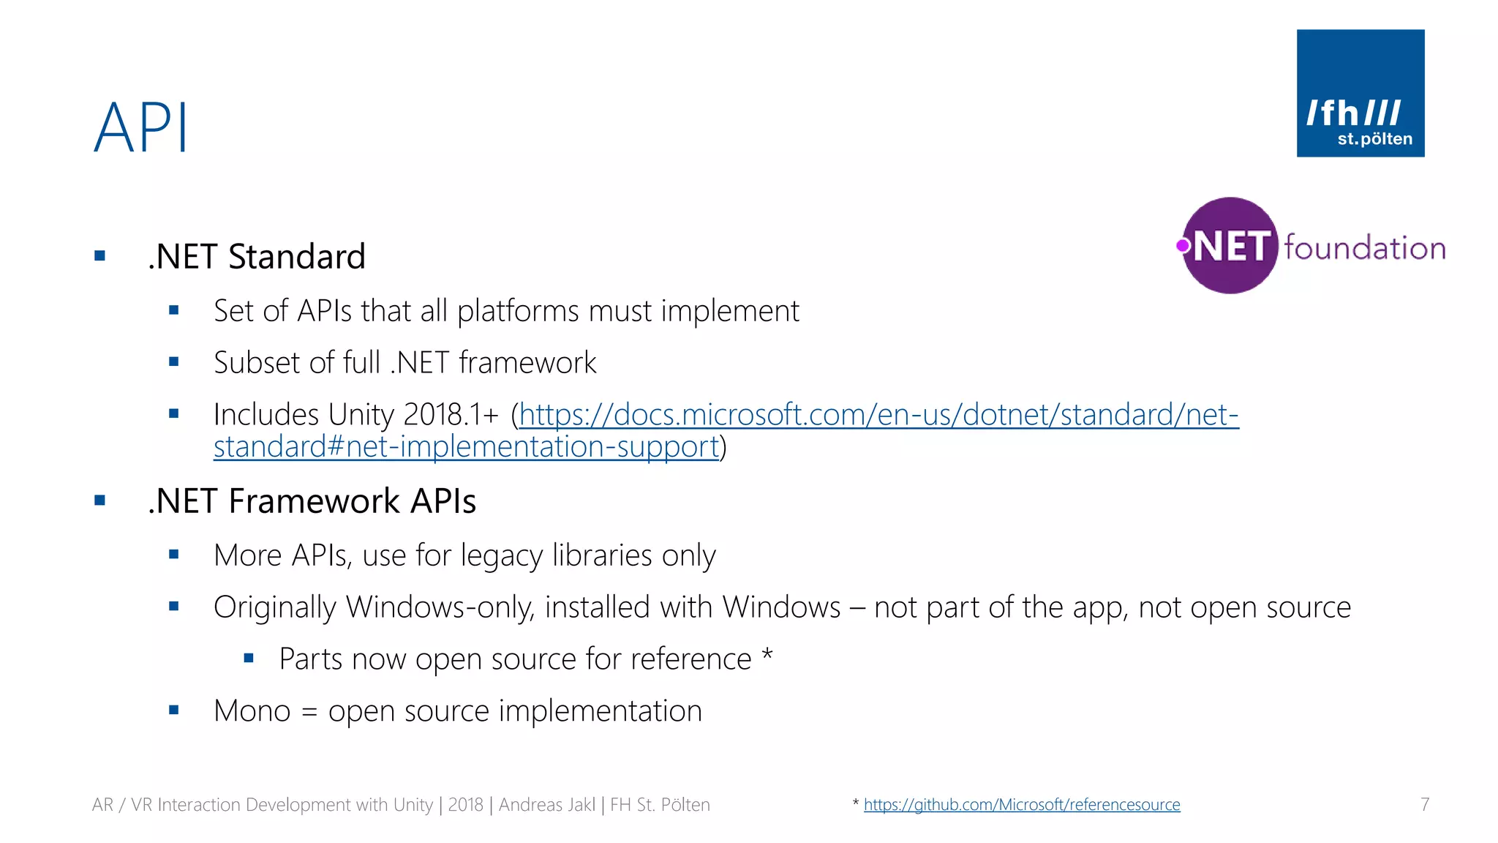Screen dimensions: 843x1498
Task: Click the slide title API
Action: click(x=141, y=128)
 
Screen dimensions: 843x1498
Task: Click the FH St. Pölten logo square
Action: click(x=1360, y=93)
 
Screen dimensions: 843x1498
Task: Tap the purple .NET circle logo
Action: click(x=1230, y=246)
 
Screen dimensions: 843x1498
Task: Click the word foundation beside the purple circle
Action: click(x=1365, y=248)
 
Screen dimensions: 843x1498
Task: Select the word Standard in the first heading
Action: click(x=296, y=257)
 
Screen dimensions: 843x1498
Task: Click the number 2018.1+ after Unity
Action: click(x=451, y=415)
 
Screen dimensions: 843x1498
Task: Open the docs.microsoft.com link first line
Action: click(x=878, y=415)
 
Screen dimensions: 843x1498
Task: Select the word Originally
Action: click(x=275, y=608)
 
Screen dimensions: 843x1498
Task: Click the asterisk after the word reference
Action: click(x=767, y=653)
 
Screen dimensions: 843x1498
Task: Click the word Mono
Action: click(x=252, y=711)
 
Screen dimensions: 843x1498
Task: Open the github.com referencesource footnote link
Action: click(x=1021, y=805)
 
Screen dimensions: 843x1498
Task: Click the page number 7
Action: click(x=1424, y=805)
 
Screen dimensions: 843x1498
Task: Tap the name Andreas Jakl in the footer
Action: click(x=546, y=805)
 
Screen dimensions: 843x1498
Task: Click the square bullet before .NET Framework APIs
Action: click(x=100, y=501)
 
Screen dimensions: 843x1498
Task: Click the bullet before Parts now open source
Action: click(x=249, y=659)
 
